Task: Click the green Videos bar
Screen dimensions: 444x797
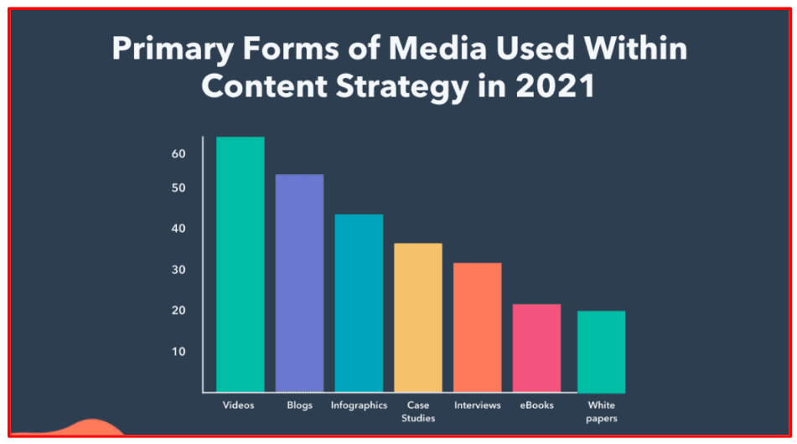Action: pos(240,264)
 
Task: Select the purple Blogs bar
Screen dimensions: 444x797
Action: pos(299,283)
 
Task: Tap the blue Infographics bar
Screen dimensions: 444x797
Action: pos(359,303)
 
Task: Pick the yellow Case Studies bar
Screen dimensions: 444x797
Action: pos(418,318)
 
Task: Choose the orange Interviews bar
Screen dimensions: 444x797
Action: pos(478,328)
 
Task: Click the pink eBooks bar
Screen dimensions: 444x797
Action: pos(536,348)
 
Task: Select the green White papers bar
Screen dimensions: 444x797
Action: pos(601,351)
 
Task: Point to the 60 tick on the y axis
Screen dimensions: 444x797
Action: pos(179,154)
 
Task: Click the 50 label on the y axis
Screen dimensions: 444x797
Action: pos(179,188)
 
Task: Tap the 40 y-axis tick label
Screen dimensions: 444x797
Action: pos(179,229)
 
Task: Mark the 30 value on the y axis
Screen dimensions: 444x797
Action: pos(179,270)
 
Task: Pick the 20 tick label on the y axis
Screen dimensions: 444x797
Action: pos(179,311)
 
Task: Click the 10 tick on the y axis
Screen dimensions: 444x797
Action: pos(179,351)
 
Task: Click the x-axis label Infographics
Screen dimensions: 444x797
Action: pos(359,405)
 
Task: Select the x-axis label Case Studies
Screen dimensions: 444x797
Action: pos(418,411)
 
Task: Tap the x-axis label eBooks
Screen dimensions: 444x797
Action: pos(536,405)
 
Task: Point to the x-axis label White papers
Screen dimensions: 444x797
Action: pos(601,411)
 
